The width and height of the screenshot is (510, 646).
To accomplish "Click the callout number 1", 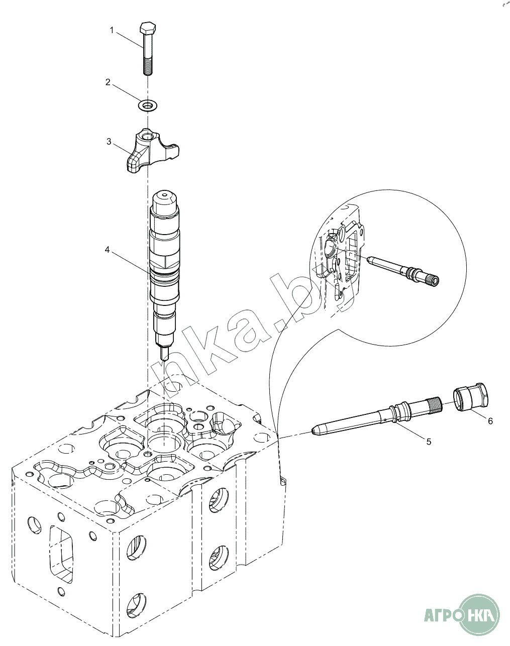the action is point(112,31).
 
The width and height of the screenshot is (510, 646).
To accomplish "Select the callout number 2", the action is point(108,82).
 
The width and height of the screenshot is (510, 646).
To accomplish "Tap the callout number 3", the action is point(109,142).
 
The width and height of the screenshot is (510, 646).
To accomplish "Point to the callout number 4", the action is point(107,249).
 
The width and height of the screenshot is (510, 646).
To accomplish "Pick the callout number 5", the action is point(429,442).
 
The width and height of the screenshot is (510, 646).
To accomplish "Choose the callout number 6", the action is point(490,421).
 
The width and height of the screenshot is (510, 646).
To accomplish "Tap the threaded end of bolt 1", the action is point(147,67).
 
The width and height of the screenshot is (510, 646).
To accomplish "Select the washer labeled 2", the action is point(147,105).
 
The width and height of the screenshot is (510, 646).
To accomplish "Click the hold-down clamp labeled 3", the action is point(151,151).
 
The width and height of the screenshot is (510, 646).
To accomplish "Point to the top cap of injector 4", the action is point(165,197).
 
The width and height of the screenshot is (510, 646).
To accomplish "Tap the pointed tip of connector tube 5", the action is point(315,431).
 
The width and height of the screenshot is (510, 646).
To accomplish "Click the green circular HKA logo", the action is point(481,614).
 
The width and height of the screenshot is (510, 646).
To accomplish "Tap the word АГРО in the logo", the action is point(442,615).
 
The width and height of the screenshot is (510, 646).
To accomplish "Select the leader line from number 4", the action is point(131,261).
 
